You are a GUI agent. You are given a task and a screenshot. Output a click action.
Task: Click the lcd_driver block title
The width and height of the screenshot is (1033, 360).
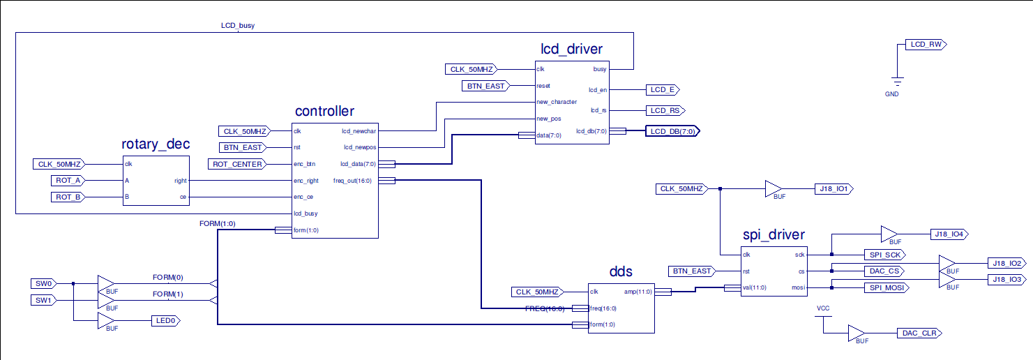pos(571,49)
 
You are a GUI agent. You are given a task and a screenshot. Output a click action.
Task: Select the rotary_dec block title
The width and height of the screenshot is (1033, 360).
pos(156,145)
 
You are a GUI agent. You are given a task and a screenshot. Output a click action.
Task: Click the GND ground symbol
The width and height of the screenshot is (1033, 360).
pos(897,81)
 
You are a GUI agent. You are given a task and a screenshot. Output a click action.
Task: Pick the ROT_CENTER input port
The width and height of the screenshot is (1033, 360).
pos(236,164)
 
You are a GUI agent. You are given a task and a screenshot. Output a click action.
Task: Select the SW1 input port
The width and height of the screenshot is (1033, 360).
pos(44,300)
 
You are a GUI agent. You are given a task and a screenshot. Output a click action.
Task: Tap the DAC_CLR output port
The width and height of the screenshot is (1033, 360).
pos(919,333)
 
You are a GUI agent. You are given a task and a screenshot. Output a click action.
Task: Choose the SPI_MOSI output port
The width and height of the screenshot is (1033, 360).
pos(884,287)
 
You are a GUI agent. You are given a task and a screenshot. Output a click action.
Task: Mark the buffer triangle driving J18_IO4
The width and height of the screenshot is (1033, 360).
pos(889,234)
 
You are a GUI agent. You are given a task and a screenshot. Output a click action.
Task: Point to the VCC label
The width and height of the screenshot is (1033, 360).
pos(823,308)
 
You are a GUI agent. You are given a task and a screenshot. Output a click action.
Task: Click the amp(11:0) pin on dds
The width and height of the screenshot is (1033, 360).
pos(638,292)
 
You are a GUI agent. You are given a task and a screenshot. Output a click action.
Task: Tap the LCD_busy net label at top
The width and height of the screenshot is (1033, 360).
pos(237,26)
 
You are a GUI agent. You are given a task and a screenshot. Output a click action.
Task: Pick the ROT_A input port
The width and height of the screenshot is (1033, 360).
pos(68,181)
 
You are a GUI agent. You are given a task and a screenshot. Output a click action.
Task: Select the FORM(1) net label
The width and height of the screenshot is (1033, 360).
pos(167,294)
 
